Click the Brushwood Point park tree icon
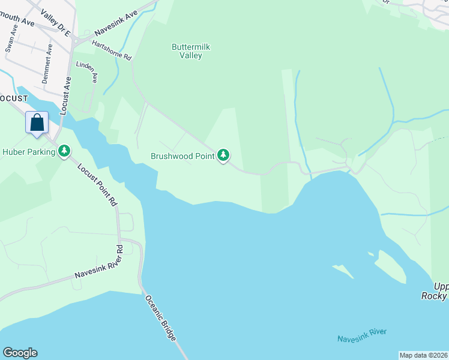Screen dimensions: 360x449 [223, 155]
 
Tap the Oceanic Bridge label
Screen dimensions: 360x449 [160, 320]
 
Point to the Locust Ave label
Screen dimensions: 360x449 [65, 95]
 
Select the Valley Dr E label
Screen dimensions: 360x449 [55, 19]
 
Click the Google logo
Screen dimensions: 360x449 [20, 353]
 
